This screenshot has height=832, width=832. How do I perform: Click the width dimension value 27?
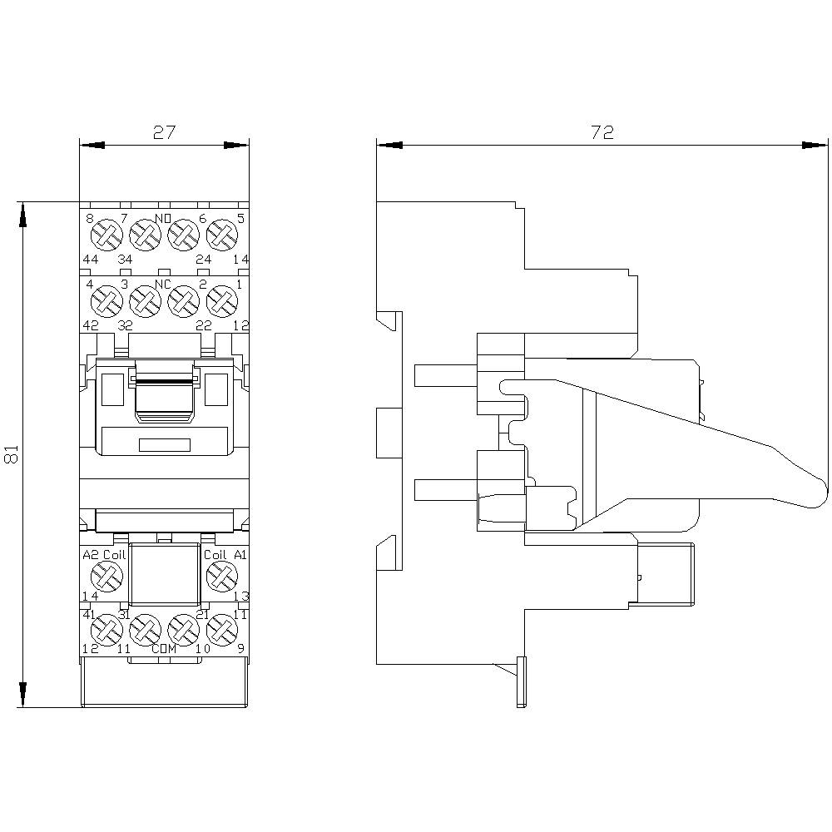[164, 132]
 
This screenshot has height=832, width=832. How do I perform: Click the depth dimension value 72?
[602, 132]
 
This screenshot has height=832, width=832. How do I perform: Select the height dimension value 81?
[11, 454]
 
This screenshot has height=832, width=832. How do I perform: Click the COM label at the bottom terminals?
[164, 650]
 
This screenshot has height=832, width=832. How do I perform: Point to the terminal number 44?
[92, 260]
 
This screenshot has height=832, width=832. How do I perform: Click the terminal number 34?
[125, 260]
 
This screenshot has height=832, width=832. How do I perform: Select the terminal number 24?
[203, 260]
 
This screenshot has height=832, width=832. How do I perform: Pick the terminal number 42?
[92, 324]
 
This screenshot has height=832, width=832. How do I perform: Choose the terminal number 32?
[125, 324]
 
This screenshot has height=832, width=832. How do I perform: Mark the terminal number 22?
[203, 324]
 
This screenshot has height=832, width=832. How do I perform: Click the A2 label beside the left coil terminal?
[91, 555]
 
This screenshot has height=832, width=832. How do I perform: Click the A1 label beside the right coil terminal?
[240, 555]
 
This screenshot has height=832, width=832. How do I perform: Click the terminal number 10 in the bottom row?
[202, 649]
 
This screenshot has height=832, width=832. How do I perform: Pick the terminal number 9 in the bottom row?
[240, 649]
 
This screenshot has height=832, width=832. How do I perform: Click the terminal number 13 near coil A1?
[240, 596]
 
